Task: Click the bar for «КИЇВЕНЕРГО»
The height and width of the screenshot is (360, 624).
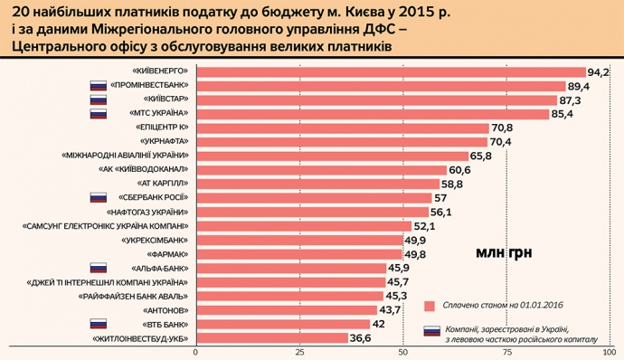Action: click(x=389, y=71)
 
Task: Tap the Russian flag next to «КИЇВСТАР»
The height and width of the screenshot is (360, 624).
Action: click(x=98, y=99)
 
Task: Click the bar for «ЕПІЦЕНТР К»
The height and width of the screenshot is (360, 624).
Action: click(x=340, y=128)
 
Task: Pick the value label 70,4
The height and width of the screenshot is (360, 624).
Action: click(x=500, y=142)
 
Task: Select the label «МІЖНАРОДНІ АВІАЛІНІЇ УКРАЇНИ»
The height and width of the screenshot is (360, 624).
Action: click(x=125, y=156)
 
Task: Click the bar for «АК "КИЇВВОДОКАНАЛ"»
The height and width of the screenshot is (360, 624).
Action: click(x=318, y=169)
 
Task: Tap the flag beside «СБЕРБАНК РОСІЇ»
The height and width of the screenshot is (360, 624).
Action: click(x=98, y=197)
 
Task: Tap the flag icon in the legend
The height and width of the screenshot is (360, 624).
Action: click(x=431, y=331)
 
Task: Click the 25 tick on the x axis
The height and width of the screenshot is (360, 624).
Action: click(x=298, y=351)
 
